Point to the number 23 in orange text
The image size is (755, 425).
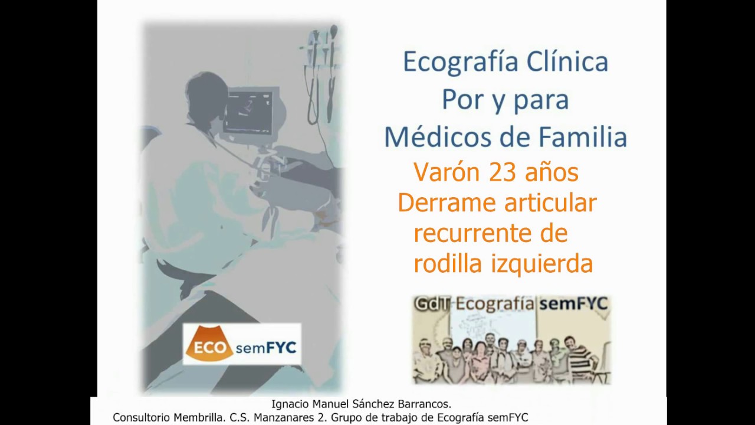pos(501,172)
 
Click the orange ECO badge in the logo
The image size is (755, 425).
pos(209,347)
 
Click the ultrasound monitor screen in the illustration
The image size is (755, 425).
pos(249,110)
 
